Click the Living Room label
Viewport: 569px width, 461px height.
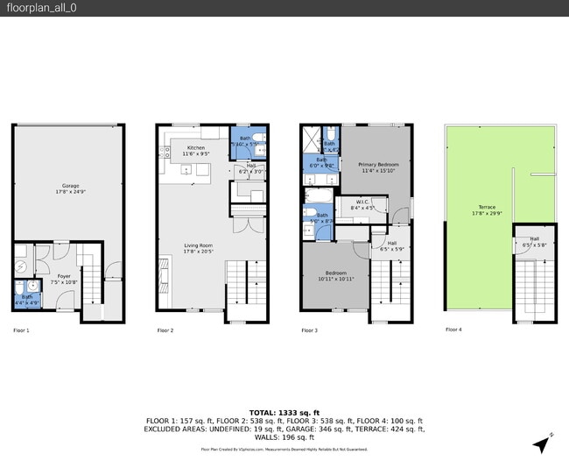[x=202, y=248]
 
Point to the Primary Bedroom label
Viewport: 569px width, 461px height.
[x=378, y=167]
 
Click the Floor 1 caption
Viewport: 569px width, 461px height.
[x=21, y=330]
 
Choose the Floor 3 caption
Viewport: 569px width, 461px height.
[x=310, y=330]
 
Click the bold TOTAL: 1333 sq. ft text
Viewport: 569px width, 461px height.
[x=284, y=411]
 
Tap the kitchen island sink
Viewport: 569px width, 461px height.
[x=186, y=170]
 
